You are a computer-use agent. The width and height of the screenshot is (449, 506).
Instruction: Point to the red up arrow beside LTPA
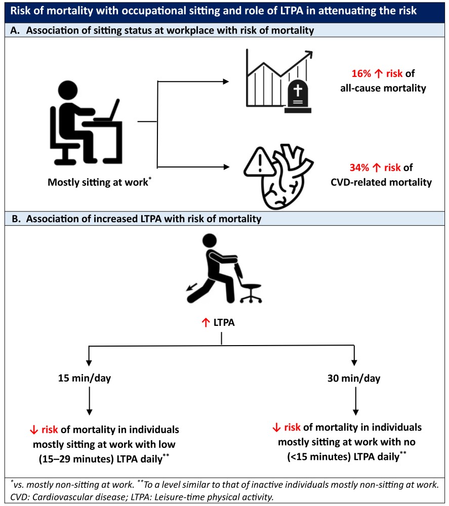coord(206,321)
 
